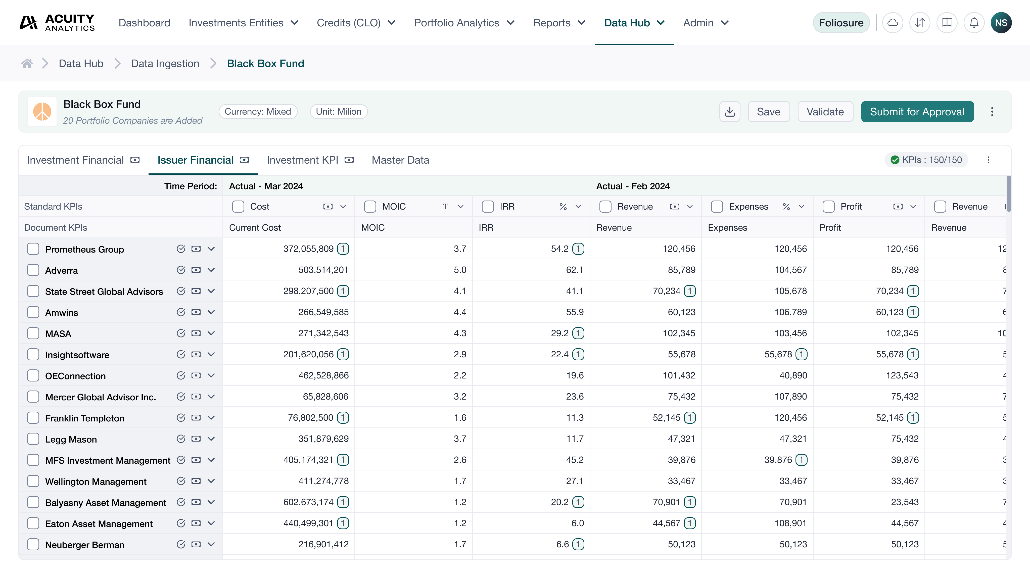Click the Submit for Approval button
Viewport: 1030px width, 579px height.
(x=917, y=112)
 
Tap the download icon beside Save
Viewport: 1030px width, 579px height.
(x=729, y=112)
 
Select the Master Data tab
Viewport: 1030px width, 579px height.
(x=400, y=160)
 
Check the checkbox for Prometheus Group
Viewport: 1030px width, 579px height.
(x=33, y=249)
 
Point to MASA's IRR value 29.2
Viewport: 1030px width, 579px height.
(x=559, y=333)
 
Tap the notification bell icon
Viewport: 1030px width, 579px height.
(x=974, y=23)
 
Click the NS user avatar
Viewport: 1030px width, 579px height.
(x=1001, y=23)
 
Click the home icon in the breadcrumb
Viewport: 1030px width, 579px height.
(x=27, y=64)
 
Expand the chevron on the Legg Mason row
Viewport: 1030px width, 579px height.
(x=211, y=439)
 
